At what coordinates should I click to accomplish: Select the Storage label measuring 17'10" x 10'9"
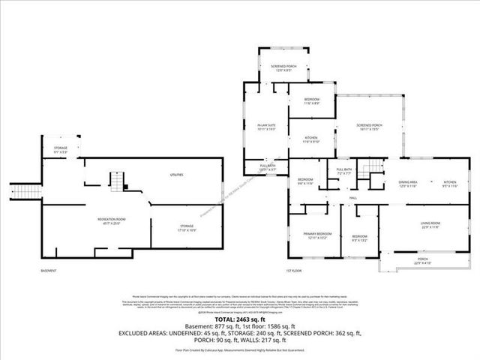pyautogui.click(x=187, y=226)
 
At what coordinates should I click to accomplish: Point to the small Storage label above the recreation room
pyautogui.click(x=61, y=150)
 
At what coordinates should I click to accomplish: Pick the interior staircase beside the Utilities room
pyautogui.click(x=116, y=181)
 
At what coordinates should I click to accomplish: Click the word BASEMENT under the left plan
pyautogui.click(x=49, y=270)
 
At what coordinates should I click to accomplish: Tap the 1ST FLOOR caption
pyautogui.click(x=294, y=270)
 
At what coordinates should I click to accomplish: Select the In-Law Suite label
pyautogui.click(x=266, y=127)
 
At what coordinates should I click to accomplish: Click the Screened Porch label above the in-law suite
pyautogui.click(x=283, y=68)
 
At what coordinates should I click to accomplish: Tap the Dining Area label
pyautogui.click(x=407, y=184)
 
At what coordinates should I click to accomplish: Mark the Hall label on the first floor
pyautogui.click(x=352, y=198)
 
